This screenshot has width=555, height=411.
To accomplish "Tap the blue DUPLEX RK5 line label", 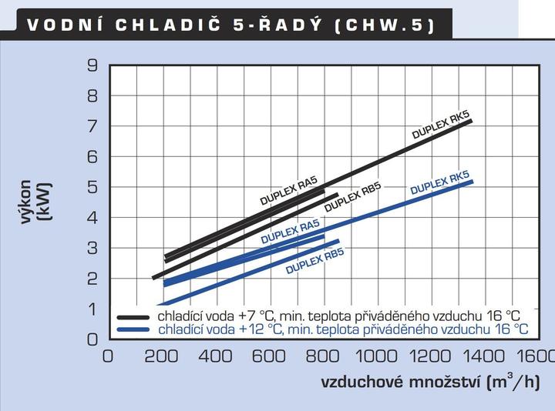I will (x=440, y=182).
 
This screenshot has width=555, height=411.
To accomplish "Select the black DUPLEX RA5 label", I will (x=289, y=191).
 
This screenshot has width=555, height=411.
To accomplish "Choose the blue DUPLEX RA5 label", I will (x=290, y=232).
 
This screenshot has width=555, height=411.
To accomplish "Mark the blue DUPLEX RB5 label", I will (x=314, y=262).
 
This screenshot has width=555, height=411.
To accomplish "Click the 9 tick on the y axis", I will (x=92, y=66).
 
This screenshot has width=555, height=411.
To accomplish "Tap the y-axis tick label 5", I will (x=92, y=187).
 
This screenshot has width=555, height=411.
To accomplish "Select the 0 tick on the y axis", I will (x=92, y=339).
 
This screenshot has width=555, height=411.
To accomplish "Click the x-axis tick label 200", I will (x=161, y=356).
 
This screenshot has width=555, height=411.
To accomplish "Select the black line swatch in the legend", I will (x=132, y=316).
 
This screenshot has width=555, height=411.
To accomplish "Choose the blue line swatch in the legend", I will (x=132, y=329).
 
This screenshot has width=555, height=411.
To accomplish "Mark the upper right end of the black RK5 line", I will (x=470, y=121).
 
